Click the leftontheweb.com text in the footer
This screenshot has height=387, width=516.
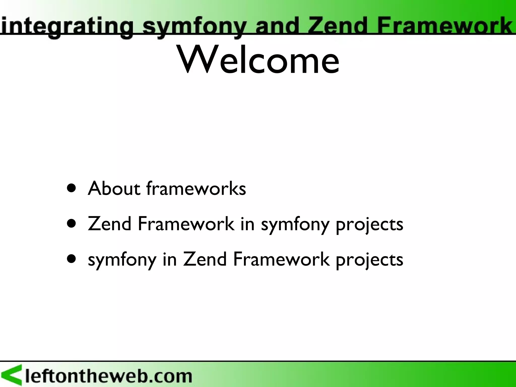pos(108,376)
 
